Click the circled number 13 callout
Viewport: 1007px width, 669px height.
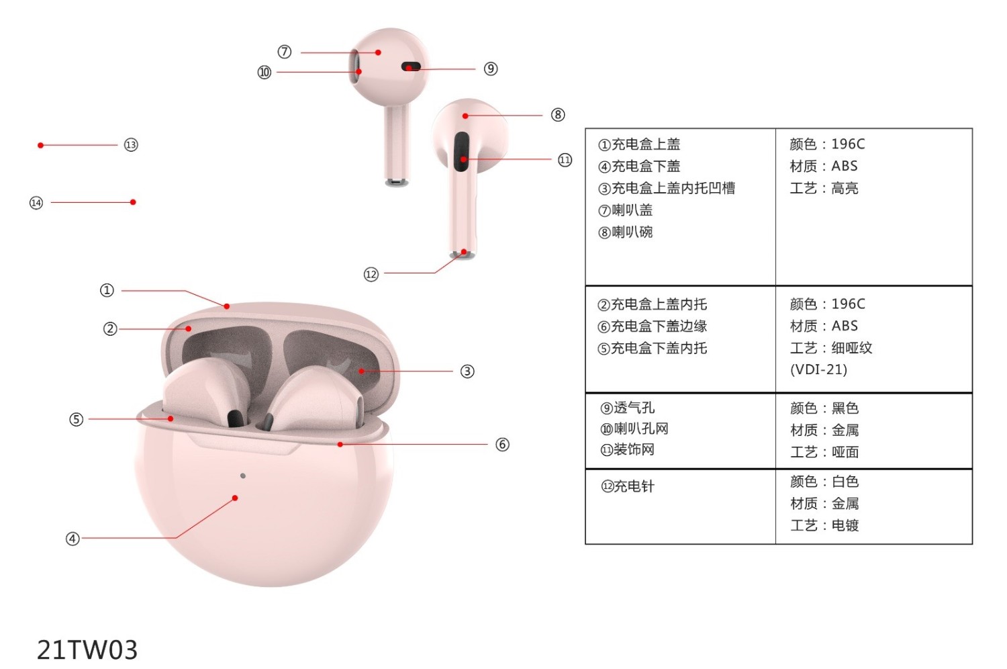pos(131,145)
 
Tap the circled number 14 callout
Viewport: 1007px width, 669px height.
pos(36,203)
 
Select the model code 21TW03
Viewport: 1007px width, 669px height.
pos(87,650)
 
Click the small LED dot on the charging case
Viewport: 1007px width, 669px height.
pos(243,476)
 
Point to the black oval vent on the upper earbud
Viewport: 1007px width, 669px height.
pos(411,66)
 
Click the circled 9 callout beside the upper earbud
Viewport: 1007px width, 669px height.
pos(491,69)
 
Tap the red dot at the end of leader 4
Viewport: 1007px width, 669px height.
pos(235,498)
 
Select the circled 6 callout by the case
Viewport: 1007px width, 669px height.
pos(502,445)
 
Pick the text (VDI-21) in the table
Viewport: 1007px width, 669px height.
pos(818,369)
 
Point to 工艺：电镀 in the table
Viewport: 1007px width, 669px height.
pos(824,525)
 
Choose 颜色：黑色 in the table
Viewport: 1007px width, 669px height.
pos(824,408)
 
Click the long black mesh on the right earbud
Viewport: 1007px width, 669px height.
pos(461,152)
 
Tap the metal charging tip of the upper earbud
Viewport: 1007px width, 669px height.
pos(397,182)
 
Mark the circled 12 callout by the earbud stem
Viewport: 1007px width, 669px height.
pos(371,274)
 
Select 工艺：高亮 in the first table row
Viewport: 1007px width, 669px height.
pos(824,188)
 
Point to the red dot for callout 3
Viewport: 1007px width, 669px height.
pos(362,371)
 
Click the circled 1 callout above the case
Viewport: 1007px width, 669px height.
pos(107,290)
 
